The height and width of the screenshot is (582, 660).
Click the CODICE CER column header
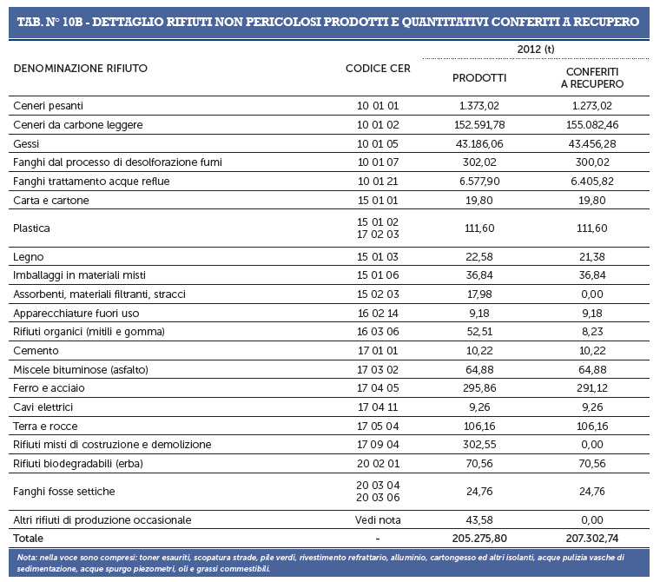(378, 69)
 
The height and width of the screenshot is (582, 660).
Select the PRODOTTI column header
(479, 78)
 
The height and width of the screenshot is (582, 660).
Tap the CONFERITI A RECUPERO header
(591, 78)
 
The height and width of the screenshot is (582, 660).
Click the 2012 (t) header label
(536, 50)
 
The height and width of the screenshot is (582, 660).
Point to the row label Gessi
(26, 144)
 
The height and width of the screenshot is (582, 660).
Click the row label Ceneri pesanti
(48, 106)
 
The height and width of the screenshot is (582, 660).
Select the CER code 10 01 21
(378, 182)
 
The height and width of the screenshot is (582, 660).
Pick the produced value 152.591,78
(479, 125)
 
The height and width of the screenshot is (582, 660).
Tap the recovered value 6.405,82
(591, 182)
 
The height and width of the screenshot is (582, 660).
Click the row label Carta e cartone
(51, 201)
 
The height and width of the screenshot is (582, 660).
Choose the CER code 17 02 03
(378, 235)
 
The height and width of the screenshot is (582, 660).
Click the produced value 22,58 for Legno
(479, 257)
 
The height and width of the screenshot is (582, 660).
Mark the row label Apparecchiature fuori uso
(76, 314)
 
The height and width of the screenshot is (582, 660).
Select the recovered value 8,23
(591, 332)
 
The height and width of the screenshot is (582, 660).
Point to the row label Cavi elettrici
(43, 407)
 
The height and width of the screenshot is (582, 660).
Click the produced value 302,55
(479, 445)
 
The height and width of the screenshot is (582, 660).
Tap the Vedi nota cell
(378, 520)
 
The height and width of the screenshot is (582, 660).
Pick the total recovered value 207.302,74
(591, 539)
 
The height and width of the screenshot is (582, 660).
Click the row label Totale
(28, 539)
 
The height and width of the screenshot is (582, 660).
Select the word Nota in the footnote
(27, 558)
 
